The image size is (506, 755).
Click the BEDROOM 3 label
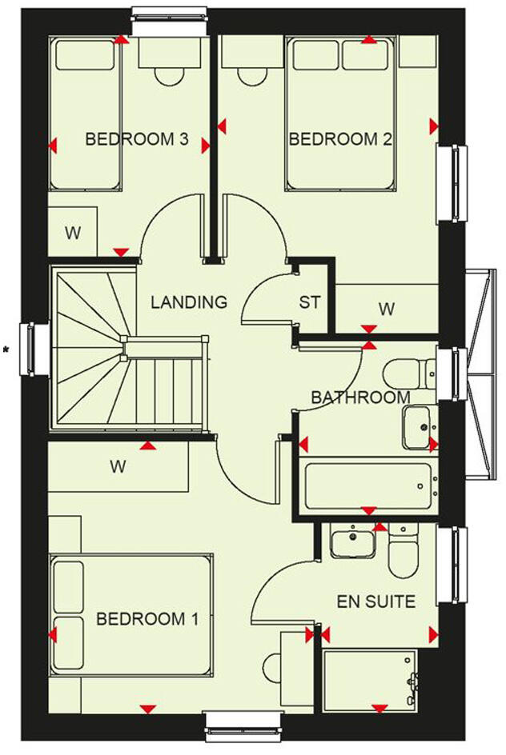pyautogui.click(x=137, y=140)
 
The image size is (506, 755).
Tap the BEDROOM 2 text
pyautogui.click(x=340, y=140)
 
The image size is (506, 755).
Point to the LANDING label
pyautogui.click(x=189, y=302)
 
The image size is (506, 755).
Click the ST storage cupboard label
pyautogui.click(x=310, y=303)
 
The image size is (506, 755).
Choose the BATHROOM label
pyautogui.click(x=360, y=397)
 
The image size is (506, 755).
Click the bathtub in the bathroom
pyautogui.click(x=368, y=485)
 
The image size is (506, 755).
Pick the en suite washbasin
pyautogui.click(x=352, y=543)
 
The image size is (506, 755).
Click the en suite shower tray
pyautogui.click(x=370, y=680)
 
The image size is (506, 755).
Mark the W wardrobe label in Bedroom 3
pyautogui.click(x=73, y=234)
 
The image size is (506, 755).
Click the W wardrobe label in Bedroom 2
pyautogui.click(x=386, y=307)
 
